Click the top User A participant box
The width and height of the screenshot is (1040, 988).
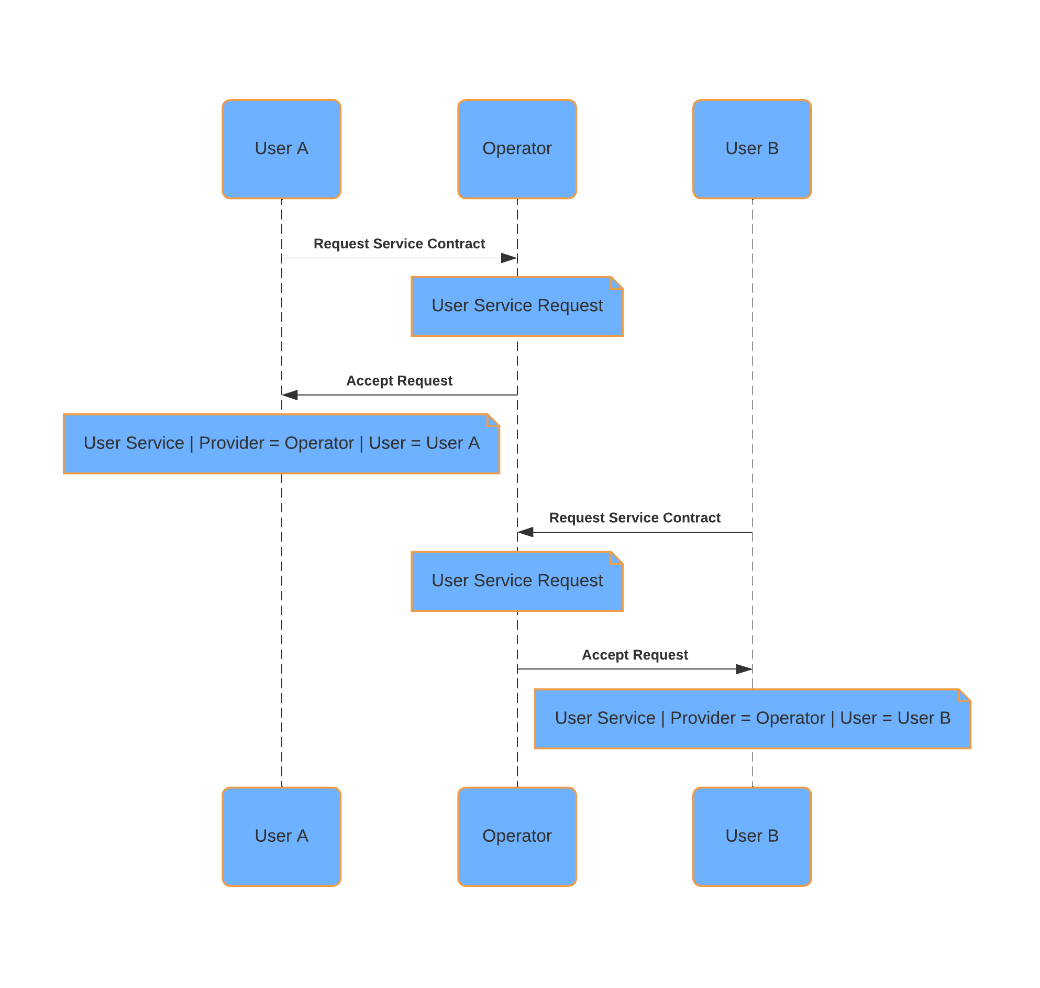(x=282, y=149)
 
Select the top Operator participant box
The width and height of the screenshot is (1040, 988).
(x=517, y=149)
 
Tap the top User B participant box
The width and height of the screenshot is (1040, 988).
(x=752, y=149)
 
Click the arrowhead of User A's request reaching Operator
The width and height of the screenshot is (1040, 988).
(x=510, y=258)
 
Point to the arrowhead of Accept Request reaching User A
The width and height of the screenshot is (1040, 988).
(x=290, y=395)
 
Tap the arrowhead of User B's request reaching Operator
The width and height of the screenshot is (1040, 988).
(x=525, y=532)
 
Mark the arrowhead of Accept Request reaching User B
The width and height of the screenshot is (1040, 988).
(x=745, y=669)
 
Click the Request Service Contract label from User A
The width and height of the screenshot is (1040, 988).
(x=399, y=244)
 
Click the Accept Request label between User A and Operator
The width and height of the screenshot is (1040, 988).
(x=399, y=381)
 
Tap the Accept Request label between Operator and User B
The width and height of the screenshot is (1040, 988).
(x=635, y=655)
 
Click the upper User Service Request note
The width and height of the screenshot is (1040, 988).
(x=517, y=306)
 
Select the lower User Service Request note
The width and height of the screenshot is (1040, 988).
(x=517, y=581)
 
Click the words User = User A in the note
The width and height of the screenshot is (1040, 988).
(x=424, y=443)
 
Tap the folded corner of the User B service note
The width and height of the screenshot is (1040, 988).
(x=965, y=695)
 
